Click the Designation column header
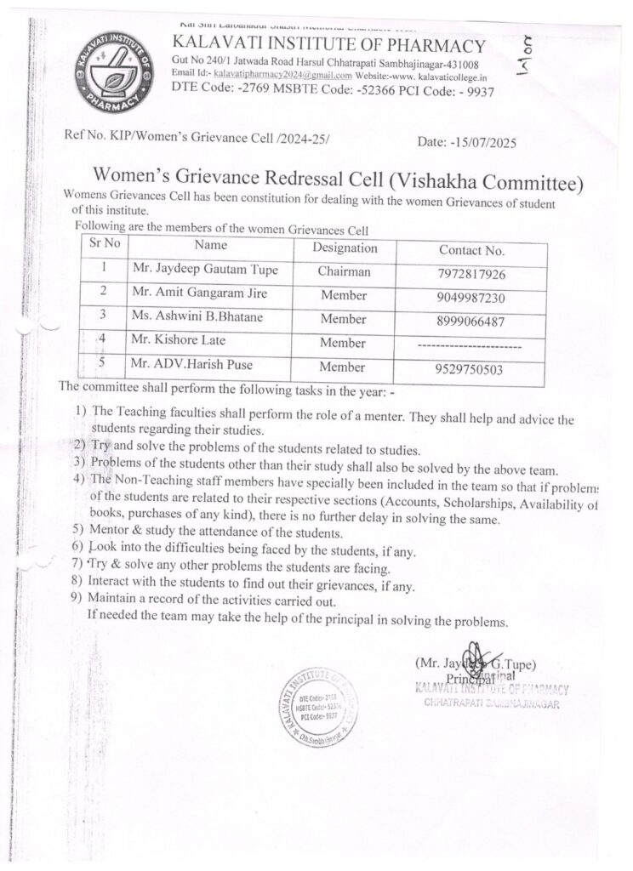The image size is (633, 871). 345,248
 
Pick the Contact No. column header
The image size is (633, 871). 472,250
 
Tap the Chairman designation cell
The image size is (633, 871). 344,272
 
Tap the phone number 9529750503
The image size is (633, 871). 472,369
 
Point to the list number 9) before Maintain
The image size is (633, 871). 76,598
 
